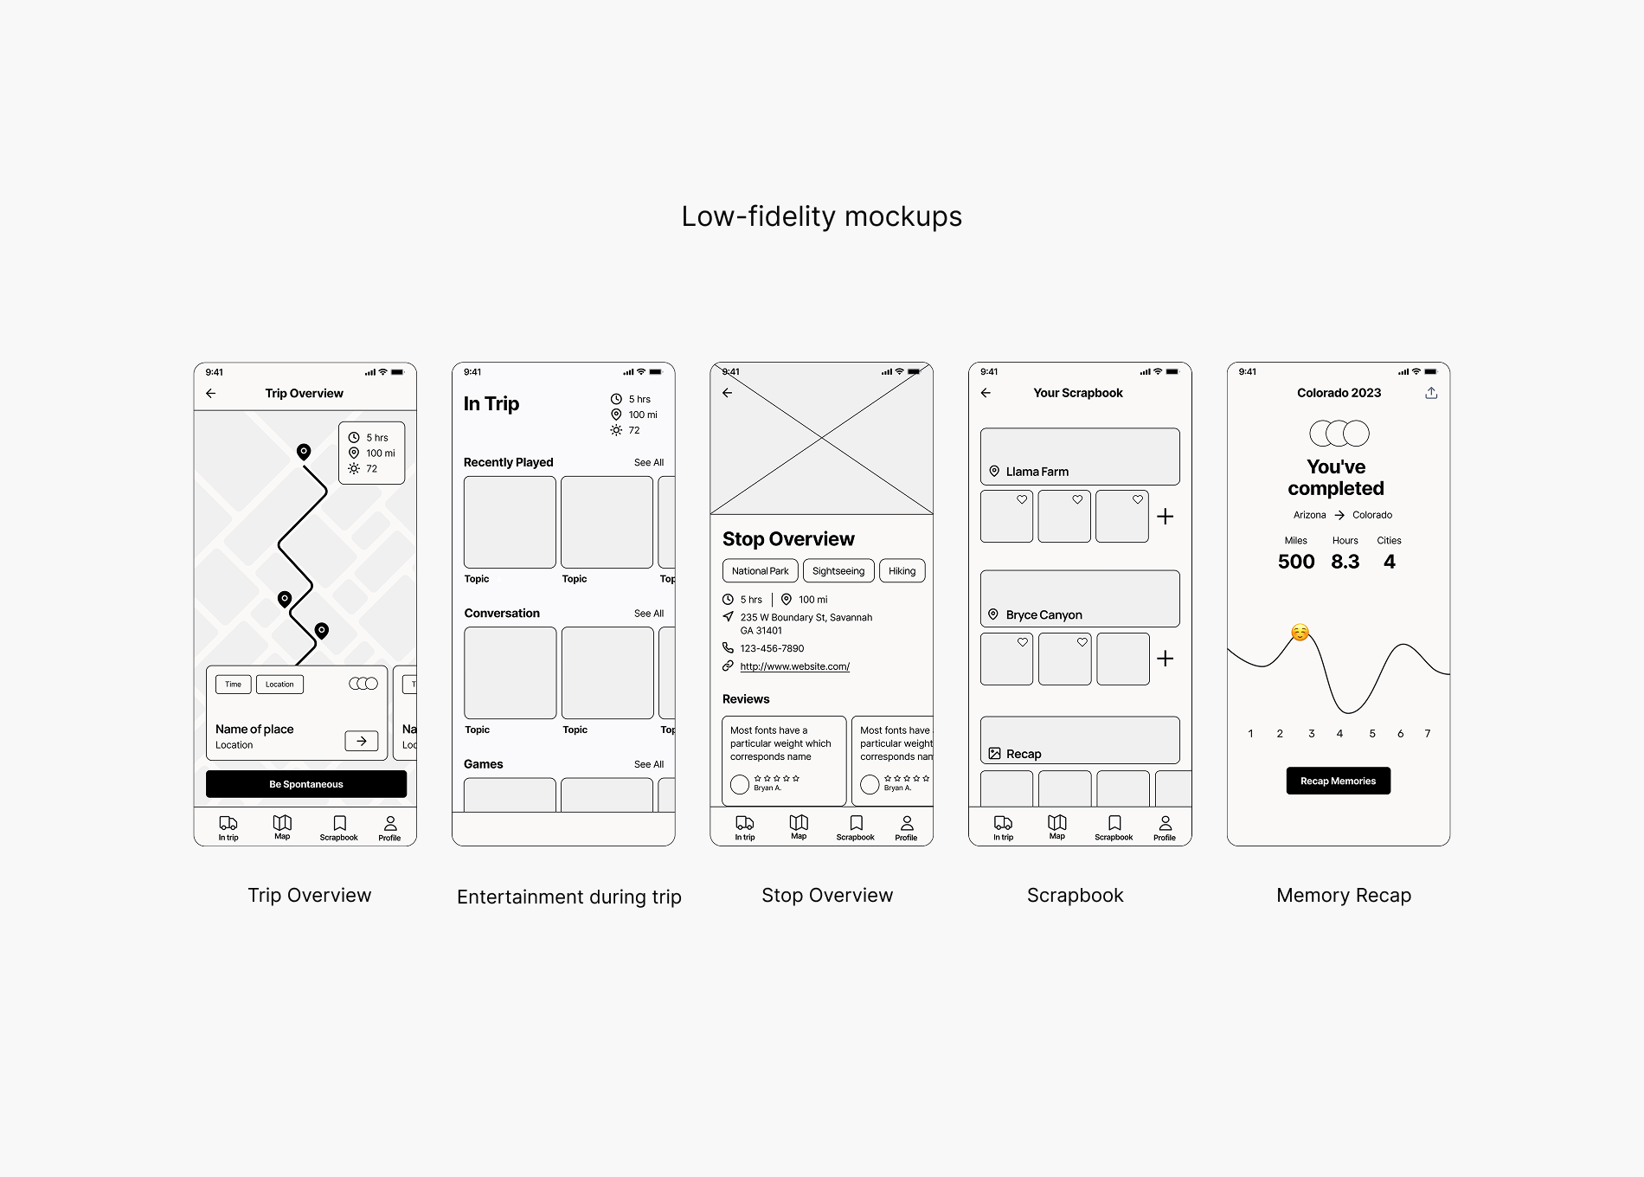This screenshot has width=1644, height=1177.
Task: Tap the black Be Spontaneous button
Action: coord(305,784)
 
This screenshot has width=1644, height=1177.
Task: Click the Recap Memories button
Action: coord(1338,781)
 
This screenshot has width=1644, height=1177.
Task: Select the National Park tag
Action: coord(760,571)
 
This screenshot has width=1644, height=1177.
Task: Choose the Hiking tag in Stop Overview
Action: coord(902,571)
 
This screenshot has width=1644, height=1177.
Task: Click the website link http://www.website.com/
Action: coord(794,666)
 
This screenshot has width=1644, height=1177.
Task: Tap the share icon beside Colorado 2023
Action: coord(1431,393)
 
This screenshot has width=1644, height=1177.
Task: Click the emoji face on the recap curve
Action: coord(1300,633)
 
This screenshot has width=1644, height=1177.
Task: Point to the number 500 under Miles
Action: coord(1296,562)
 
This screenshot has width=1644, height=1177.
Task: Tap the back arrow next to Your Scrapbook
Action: coord(986,393)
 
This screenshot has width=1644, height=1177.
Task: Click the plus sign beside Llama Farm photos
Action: coord(1166,517)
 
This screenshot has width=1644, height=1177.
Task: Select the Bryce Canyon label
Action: coord(1044,614)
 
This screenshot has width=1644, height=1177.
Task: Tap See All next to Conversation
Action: coord(649,614)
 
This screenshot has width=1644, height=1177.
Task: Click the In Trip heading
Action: coord(491,404)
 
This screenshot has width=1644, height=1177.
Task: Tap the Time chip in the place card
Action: coord(234,685)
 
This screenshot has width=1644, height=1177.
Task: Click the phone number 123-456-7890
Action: coord(772,648)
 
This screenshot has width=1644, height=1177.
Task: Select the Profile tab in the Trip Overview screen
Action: coord(390,827)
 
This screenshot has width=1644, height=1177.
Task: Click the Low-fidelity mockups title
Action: coord(821,216)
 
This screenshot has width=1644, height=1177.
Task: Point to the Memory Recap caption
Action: coord(1343,896)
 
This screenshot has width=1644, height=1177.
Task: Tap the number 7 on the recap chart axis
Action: coord(1428,734)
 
